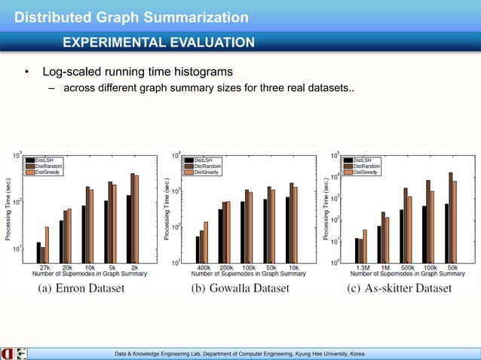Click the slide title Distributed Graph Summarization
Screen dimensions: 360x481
(132, 16)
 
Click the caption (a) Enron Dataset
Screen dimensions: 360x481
(81, 288)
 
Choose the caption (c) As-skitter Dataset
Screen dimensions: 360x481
(400, 288)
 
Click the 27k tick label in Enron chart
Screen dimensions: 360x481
(44, 267)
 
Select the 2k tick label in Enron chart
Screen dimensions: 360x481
(134, 267)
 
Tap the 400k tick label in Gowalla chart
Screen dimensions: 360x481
(203, 267)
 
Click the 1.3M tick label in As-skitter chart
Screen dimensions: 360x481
(361, 267)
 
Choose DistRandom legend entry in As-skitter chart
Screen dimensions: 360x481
(365, 166)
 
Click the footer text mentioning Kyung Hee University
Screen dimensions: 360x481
(240, 352)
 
